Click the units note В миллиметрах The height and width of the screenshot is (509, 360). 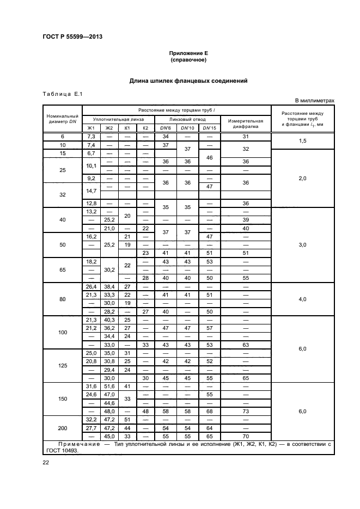[x=314, y=101]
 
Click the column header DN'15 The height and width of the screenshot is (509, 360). [x=209, y=128]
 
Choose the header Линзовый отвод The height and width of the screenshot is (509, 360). [x=187, y=119]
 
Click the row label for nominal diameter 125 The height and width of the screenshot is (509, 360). [x=62, y=366]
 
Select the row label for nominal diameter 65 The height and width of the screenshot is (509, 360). [x=62, y=269]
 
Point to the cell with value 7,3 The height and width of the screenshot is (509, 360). [x=91, y=136]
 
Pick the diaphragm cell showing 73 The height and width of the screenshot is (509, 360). [x=246, y=412]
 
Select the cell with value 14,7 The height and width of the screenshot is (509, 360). [x=91, y=191]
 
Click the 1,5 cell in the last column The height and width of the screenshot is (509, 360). [x=303, y=140]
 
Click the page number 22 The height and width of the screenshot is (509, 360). [x=46, y=462]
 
